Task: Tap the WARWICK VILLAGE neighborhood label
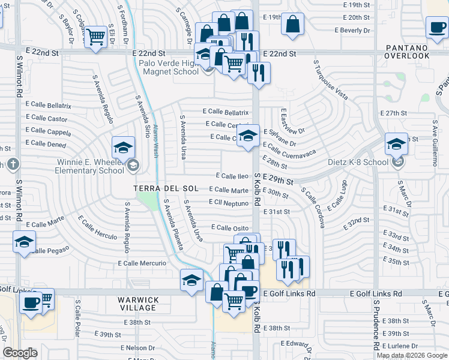click(x=138, y=304)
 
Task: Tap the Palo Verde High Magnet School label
click(x=169, y=67)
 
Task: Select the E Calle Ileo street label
click(x=232, y=176)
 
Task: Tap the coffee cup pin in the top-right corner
click(x=436, y=26)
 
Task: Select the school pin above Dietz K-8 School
click(x=396, y=144)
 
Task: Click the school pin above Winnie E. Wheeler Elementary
click(x=123, y=146)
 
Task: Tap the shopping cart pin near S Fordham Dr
click(x=95, y=36)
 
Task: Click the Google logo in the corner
click(x=20, y=353)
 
